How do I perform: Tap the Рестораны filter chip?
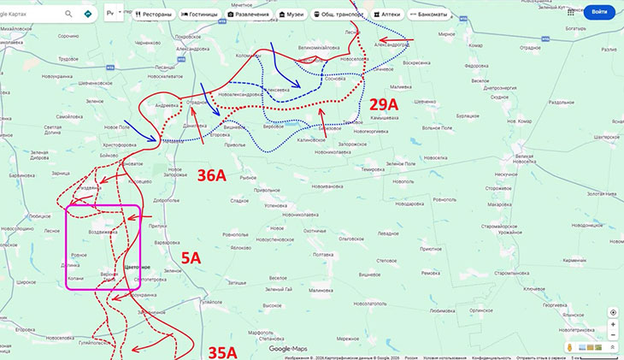pyautogui.click(x=154, y=15)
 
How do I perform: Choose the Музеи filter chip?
pyautogui.click(x=291, y=15)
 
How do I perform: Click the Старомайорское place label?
pyautogui.click(x=509, y=224)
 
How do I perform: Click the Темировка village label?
pyautogui.click(x=373, y=169)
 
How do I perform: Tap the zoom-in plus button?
pyautogui.click(x=612, y=325)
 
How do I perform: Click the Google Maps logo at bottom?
pyautogui.click(x=287, y=349)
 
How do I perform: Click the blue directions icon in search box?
pyautogui.click(x=88, y=15)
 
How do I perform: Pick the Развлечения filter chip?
pyautogui.click(x=248, y=15)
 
